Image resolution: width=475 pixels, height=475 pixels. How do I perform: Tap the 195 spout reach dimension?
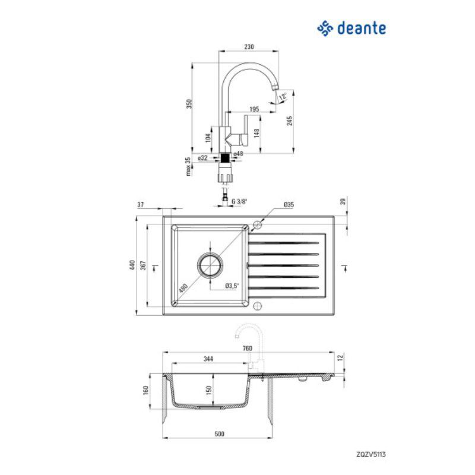253,109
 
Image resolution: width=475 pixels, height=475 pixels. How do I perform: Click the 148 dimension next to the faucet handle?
256,133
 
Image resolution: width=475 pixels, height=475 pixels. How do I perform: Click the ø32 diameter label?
203,158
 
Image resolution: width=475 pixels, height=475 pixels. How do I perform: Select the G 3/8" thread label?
239,202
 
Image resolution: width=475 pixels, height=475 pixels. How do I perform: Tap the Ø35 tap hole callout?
289,205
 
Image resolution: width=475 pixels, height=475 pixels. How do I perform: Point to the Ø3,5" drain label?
232,286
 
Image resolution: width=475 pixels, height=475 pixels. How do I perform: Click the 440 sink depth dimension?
141,265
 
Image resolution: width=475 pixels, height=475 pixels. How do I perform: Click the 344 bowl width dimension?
208,358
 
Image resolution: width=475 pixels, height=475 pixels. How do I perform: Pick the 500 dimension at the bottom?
219,435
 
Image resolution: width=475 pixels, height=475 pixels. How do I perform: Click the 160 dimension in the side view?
144,392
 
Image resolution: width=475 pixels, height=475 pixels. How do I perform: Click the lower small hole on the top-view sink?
257,306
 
